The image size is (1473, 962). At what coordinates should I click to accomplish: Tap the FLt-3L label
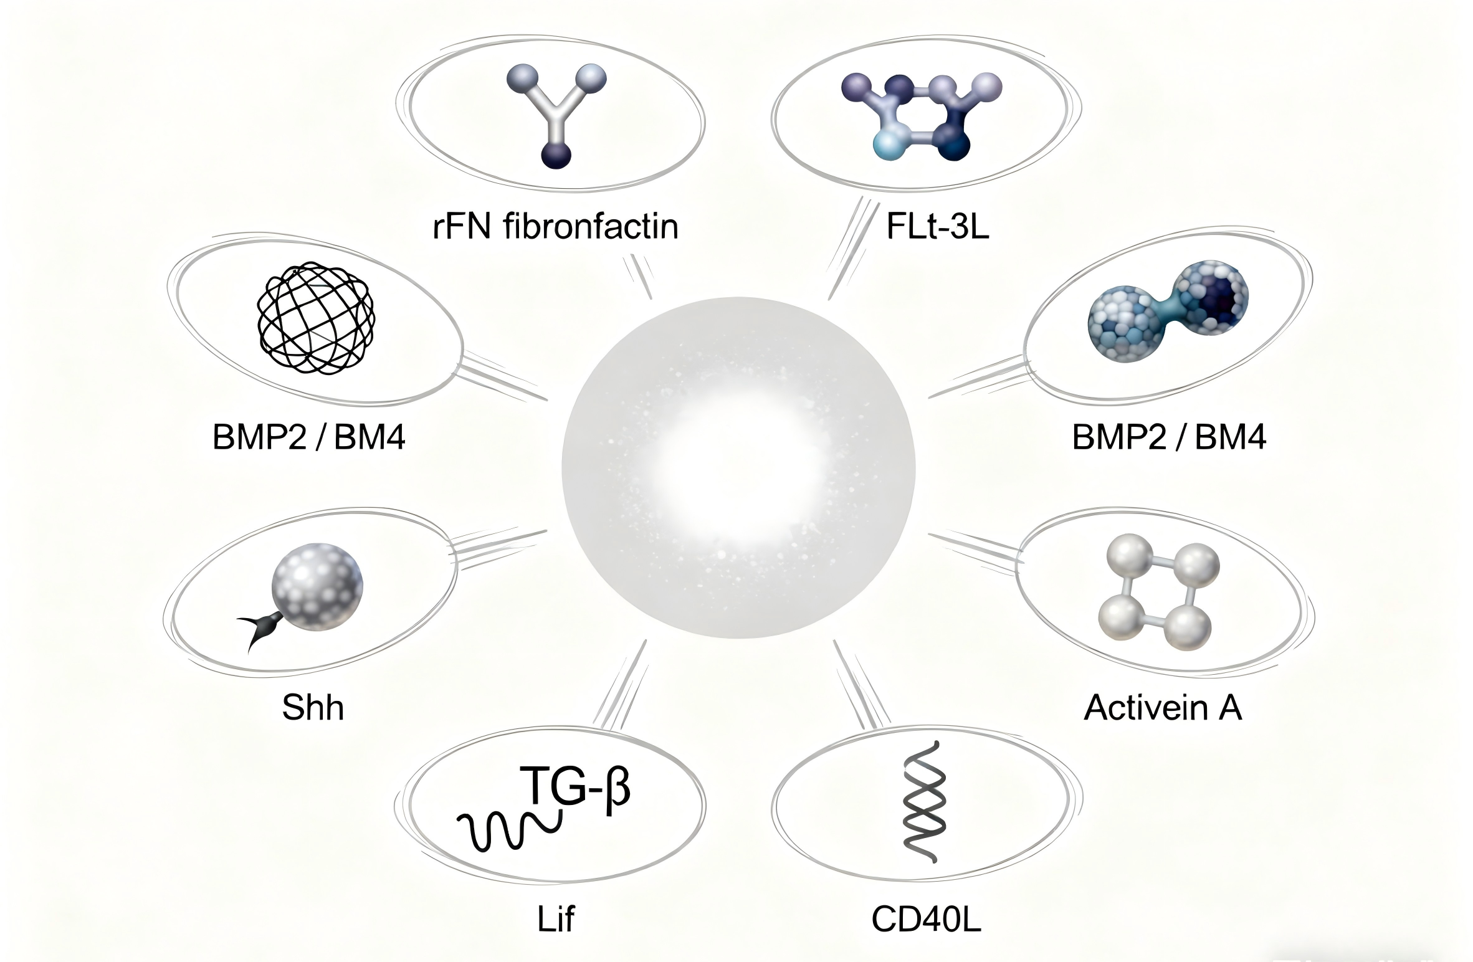click(937, 227)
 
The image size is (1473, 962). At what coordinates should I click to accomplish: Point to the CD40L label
click(926, 918)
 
